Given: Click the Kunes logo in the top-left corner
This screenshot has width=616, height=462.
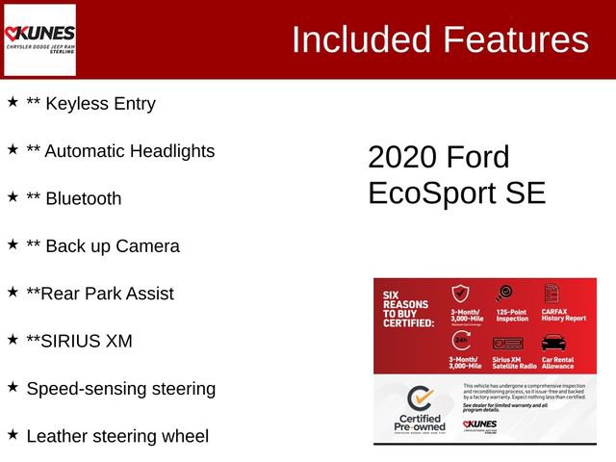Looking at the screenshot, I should [39, 39].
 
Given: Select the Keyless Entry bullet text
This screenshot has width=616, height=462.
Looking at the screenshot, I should [90, 104].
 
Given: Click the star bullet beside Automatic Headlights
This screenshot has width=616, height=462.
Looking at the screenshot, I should [13, 150].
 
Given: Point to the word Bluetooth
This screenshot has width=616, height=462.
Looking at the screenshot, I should [84, 199].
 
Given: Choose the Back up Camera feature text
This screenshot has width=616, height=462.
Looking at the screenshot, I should [103, 246].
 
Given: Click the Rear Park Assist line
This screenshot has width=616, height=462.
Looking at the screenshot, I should [100, 294].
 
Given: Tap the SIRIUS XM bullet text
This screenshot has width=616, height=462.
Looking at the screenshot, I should [79, 341].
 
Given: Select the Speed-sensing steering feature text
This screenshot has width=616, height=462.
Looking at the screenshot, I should [120, 389].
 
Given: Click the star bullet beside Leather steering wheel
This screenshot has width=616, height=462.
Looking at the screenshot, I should [13, 435].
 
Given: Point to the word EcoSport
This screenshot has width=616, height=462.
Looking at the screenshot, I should [433, 192].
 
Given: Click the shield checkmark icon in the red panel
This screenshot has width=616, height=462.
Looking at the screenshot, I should [461, 295].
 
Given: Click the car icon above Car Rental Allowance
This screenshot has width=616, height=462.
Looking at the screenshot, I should [553, 343].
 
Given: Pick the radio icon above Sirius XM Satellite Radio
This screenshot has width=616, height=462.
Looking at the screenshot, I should [507, 343].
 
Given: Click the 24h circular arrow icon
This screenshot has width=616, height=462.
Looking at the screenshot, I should [461, 342].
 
